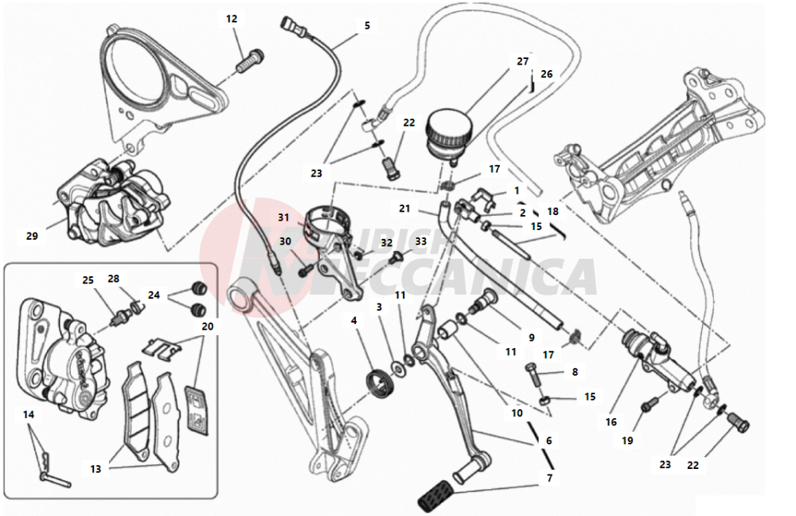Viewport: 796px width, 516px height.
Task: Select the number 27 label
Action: click(522, 61)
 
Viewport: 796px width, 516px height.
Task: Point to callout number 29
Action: click(32, 236)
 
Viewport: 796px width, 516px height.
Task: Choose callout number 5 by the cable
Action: click(367, 25)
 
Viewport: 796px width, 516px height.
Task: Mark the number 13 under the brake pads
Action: click(96, 469)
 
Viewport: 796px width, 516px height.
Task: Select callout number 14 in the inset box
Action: click(29, 415)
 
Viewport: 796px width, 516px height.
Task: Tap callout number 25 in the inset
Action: click(88, 279)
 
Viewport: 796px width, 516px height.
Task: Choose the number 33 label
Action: click(420, 241)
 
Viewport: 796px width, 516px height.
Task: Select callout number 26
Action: click(546, 74)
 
